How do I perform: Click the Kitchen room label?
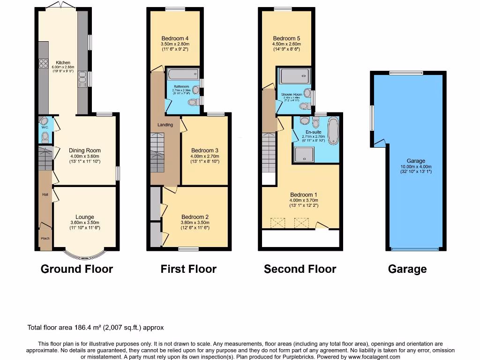63,62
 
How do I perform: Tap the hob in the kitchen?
44,63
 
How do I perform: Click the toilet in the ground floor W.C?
45,137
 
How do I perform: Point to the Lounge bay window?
85,255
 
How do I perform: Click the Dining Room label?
85,150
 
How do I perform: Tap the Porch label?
45,238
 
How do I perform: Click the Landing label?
165,125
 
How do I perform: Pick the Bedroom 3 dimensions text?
204,159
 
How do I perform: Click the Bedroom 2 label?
195,217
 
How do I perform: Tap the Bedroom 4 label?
175,38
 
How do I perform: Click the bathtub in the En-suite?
332,131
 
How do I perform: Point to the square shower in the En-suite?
304,154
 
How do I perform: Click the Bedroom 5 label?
286,38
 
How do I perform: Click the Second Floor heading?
300,269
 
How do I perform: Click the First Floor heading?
188,269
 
